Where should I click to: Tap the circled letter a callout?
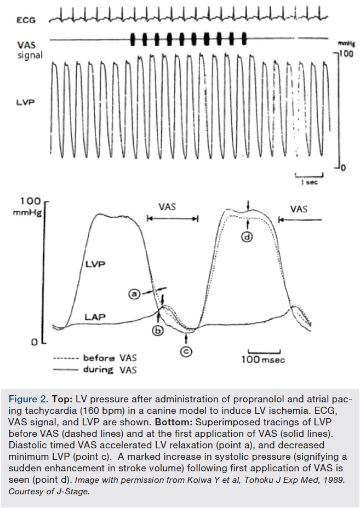pyautogui.click(x=133, y=294)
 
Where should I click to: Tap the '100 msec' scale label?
pyautogui.click(x=264, y=360)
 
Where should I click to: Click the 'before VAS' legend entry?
pyautogui.click(x=110, y=359)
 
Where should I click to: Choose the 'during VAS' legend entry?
pyautogui.click(x=110, y=370)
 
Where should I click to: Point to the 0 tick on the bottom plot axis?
pyautogui.click(x=34, y=342)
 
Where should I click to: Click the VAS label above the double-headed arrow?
pyautogui.click(x=168, y=207)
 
